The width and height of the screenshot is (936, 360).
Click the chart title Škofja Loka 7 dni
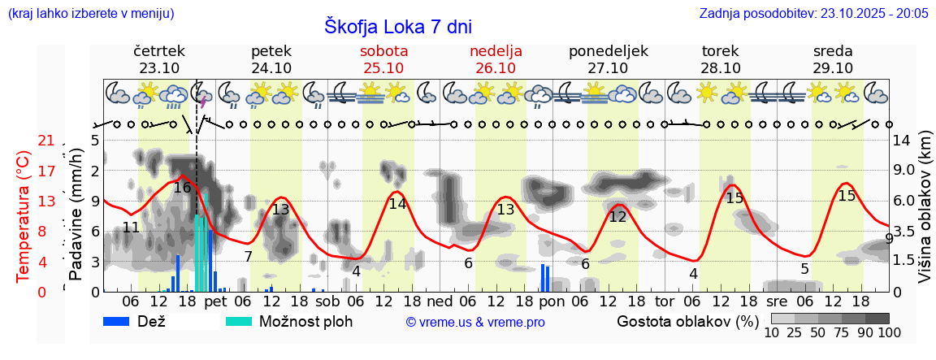pos(397,26)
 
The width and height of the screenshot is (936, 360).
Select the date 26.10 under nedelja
pos(496,68)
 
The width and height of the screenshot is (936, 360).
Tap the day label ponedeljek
pos(609,51)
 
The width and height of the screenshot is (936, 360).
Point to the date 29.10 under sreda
pos(833,68)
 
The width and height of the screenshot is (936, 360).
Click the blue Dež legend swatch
pos(122,321)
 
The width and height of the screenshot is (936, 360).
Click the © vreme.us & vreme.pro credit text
pos(475,322)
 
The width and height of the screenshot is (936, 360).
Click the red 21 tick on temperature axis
pos(46,141)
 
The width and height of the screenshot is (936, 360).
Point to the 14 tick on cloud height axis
pos(901,141)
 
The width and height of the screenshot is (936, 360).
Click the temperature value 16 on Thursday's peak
pos(182,188)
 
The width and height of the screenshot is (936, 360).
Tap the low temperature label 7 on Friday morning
pos(248,257)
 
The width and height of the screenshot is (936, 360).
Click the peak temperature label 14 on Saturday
pos(397,204)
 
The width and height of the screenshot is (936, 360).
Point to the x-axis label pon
pos(552,301)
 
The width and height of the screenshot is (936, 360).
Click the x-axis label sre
pos(777,301)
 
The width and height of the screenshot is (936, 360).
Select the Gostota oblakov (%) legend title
pos(687,321)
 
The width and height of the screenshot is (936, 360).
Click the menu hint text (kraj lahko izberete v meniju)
pos(90,13)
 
